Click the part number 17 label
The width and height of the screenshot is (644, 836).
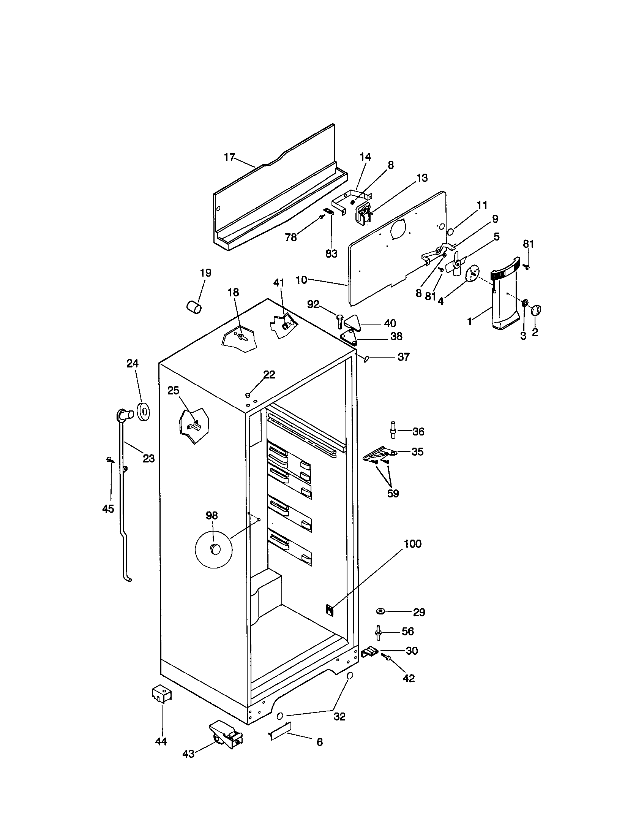click(229, 157)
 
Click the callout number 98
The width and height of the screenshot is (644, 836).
click(212, 516)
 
